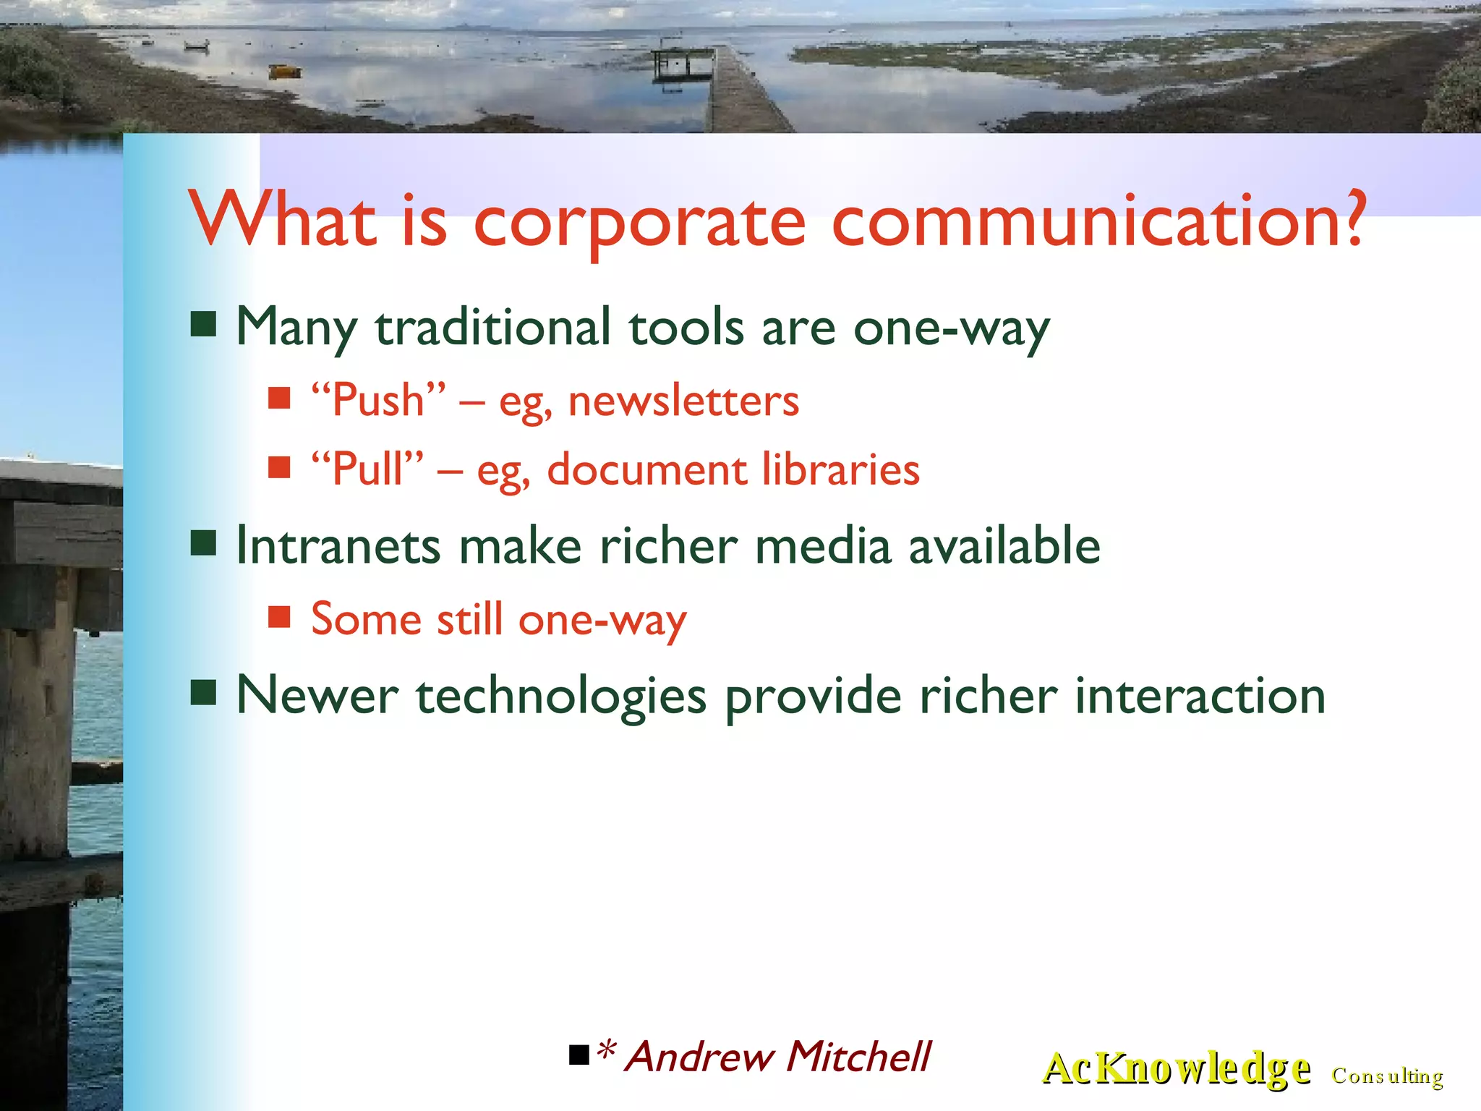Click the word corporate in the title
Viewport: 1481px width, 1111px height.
coord(639,223)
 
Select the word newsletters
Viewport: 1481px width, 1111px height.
coord(683,401)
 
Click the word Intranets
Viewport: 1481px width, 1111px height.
coord(338,546)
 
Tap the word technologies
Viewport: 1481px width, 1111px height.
coord(560,697)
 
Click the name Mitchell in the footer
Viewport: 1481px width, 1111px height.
coord(858,1057)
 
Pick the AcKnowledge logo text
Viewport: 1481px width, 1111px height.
coord(1176,1069)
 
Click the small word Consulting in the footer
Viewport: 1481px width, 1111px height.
coord(1387,1076)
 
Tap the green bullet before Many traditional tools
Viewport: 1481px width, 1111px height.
coord(203,325)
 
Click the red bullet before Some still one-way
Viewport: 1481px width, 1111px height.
coord(278,617)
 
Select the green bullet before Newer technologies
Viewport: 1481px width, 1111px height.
coord(203,692)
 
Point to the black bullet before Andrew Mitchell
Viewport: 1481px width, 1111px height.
coord(579,1056)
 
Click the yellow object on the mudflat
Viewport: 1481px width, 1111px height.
coord(284,71)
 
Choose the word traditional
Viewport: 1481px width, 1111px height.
coord(493,328)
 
